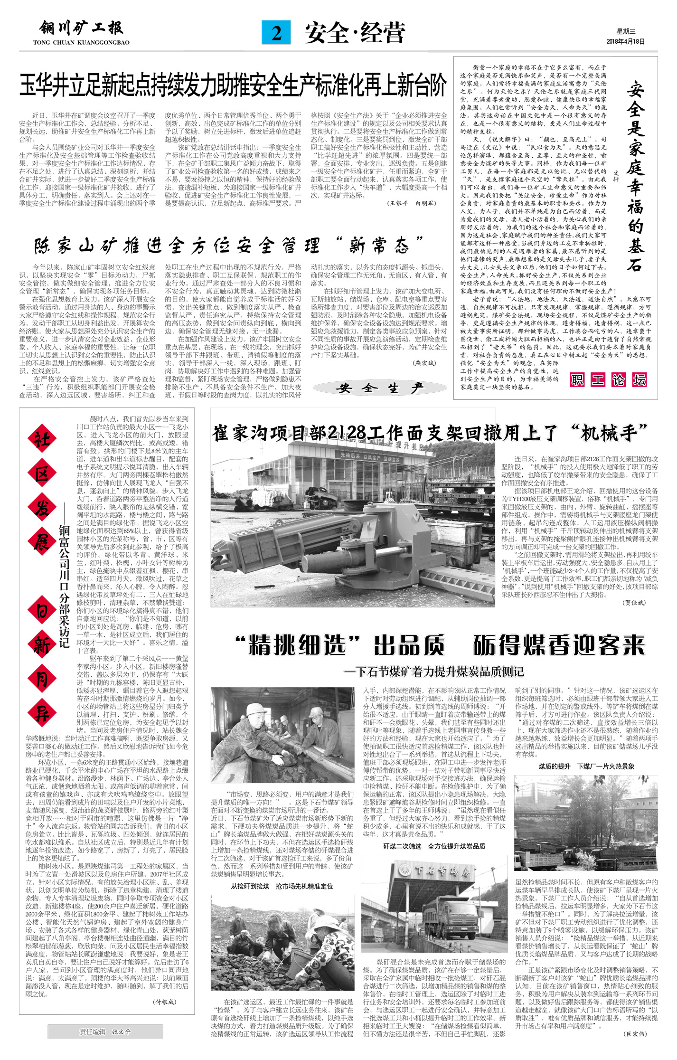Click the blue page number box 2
(x=276, y=33)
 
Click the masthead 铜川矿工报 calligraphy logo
(x=81, y=29)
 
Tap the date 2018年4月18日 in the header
(x=625, y=42)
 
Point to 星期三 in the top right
(x=626, y=32)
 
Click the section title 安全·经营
(x=355, y=33)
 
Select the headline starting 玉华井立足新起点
(x=233, y=85)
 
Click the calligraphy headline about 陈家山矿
(x=228, y=246)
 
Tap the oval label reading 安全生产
(x=379, y=388)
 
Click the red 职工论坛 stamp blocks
(x=608, y=379)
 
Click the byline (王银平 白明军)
(x=412, y=203)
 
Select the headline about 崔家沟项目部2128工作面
(x=430, y=433)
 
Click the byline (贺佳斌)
(x=634, y=603)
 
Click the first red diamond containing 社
(x=42, y=440)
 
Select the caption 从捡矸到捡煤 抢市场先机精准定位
(x=282, y=886)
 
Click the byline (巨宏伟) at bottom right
(x=635, y=1034)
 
